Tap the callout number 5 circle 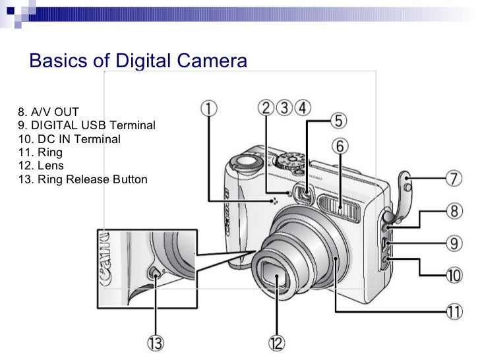[338, 121]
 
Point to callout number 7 [454, 179]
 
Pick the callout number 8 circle [454, 211]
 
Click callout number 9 [454, 243]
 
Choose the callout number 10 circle [454, 274]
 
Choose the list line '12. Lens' [41, 165]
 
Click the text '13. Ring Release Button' [82, 179]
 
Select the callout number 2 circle [265, 107]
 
